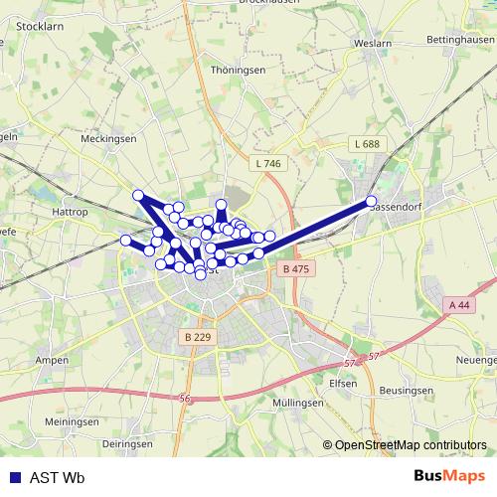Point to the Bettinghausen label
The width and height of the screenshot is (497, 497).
tap(460, 38)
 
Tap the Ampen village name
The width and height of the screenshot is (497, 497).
tap(52, 359)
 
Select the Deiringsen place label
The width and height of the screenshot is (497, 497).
tap(126, 443)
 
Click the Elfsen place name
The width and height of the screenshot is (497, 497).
tap(344, 382)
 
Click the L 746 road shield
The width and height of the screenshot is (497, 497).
tap(267, 163)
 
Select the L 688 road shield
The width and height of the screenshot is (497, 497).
tap(366, 144)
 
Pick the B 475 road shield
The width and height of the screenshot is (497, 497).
tap(296, 269)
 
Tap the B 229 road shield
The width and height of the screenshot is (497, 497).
tap(198, 337)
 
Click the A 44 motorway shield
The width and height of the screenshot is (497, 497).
tap(458, 304)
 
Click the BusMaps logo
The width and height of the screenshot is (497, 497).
tap(449, 476)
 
